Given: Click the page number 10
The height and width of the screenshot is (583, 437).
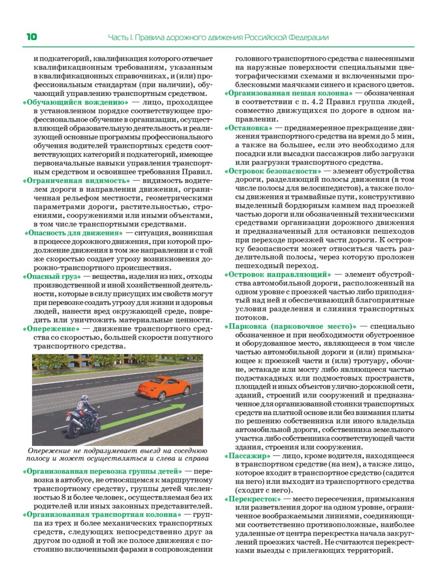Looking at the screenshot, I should [31, 37].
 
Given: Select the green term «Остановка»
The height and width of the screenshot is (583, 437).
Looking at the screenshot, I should [248, 128].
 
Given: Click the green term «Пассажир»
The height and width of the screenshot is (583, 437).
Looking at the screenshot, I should [247, 456].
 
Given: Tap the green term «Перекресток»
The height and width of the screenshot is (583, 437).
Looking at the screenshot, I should [252, 499].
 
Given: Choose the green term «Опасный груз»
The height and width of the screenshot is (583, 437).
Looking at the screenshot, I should [51, 276].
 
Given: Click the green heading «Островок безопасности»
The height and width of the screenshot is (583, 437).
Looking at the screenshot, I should [273, 171].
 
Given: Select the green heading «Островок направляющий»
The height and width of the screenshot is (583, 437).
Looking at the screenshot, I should [277, 274].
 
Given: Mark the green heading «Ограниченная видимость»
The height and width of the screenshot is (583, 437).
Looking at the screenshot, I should [76, 181].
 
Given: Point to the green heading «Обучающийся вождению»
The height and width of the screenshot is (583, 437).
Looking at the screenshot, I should [75, 102].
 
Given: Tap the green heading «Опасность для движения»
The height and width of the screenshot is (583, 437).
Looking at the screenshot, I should [74, 233].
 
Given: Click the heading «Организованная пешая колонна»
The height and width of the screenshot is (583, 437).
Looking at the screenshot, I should [288, 93].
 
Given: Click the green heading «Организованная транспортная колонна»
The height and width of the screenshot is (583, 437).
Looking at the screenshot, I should [102, 514].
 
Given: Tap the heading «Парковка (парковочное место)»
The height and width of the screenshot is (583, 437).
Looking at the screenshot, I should [290, 326].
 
